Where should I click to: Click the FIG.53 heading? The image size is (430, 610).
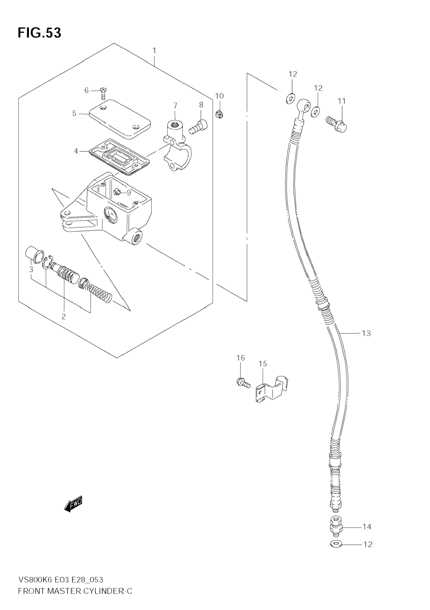coord(39,33)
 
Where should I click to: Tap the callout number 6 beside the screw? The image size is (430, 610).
coord(87,91)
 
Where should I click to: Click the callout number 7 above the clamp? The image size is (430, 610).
coord(175,105)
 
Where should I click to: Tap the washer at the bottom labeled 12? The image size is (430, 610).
coord(336,544)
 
